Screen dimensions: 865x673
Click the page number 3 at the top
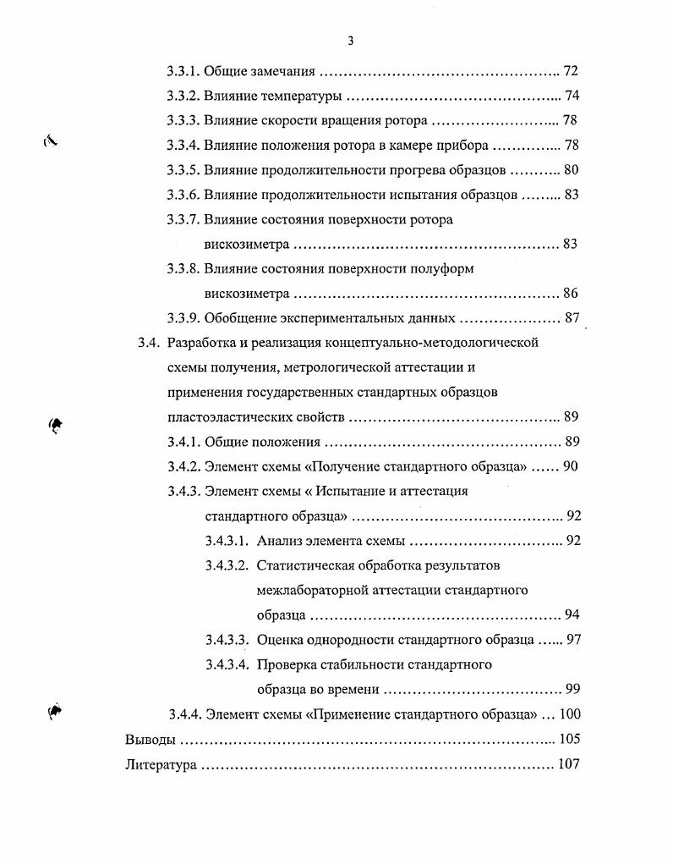pyautogui.click(x=349, y=41)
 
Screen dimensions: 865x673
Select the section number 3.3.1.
pyautogui.click(x=183, y=71)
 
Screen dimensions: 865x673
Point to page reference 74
pyautogui.click(x=571, y=96)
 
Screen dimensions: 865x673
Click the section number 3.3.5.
pyautogui.click(x=183, y=170)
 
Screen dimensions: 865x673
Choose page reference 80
pyautogui.click(x=571, y=170)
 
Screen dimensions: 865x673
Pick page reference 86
pyautogui.click(x=571, y=294)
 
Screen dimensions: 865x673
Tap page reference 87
pyautogui.click(x=571, y=318)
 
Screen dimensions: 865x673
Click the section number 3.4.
pyautogui.click(x=148, y=343)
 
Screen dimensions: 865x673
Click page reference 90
pyautogui.click(x=571, y=466)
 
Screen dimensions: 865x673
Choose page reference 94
pyautogui.click(x=571, y=614)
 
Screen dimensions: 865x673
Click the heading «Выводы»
pyautogui.click(x=150, y=739)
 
